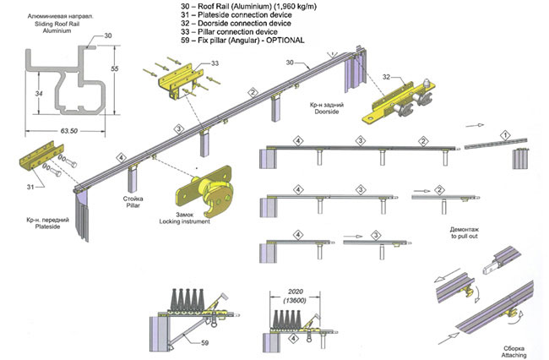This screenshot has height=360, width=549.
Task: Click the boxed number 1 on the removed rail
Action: click(504, 135)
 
